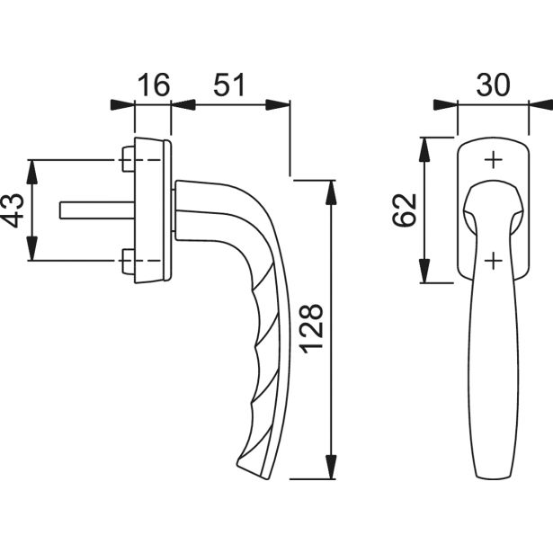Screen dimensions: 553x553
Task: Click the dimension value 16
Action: pyautogui.click(x=154, y=85)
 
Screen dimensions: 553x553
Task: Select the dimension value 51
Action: pyautogui.click(x=229, y=85)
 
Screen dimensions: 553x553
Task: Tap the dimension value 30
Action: pyautogui.click(x=493, y=85)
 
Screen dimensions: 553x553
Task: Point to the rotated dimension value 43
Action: pyautogui.click(x=13, y=210)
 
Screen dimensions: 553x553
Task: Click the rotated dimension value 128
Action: pyautogui.click(x=311, y=328)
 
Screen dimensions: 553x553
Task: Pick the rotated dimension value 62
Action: pyautogui.click(x=404, y=210)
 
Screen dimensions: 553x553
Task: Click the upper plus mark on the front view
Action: pyautogui.click(x=494, y=160)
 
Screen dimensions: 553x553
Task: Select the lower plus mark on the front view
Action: pyautogui.click(x=494, y=261)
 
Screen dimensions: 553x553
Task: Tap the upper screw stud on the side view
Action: pyautogui.click(x=129, y=159)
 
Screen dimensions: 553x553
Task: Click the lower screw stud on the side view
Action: pyautogui.click(x=129, y=261)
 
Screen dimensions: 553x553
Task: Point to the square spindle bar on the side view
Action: pyautogui.click(x=97, y=210)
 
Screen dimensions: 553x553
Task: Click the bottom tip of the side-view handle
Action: pyautogui.click(x=266, y=478)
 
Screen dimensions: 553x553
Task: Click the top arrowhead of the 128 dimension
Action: pyautogui.click(x=331, y=192)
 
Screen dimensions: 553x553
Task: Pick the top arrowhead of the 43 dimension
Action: pyautogui.click(x=32, y=172)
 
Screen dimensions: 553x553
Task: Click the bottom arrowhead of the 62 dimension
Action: pyautogui.click(x=424, y=271)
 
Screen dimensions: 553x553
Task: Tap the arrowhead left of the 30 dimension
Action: pyautogui.click(x=445, y=105)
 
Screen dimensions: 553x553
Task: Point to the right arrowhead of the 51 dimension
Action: pyautogui.click(x=278, y=105)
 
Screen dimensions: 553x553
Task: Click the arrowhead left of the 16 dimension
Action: pyautogui.click(x=122, y=105)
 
